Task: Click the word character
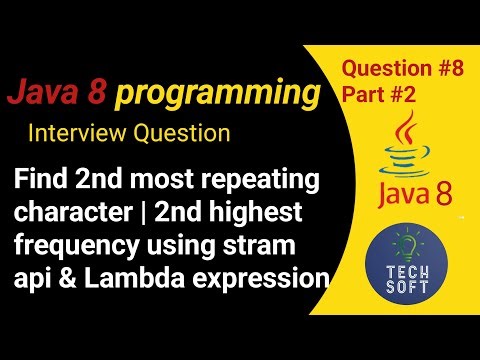click(74, 215)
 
